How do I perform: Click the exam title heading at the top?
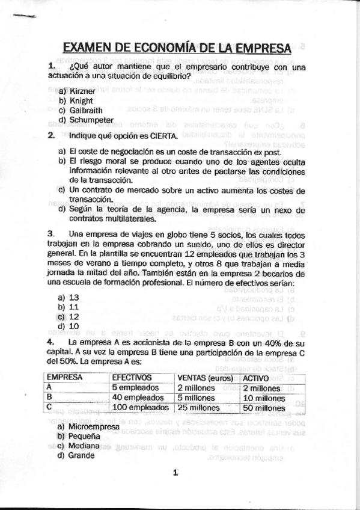coord(177,48)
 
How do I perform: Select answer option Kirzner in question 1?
coord(82,91)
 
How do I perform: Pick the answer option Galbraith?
coord(86,110)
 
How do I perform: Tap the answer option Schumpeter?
coord(91,120)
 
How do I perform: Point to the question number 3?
coord(50,234)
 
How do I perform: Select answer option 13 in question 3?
coord(74,297)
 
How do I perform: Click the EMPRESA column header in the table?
coord(66,377)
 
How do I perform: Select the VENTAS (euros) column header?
coord(205,377)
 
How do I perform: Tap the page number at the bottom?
coord(176,473)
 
